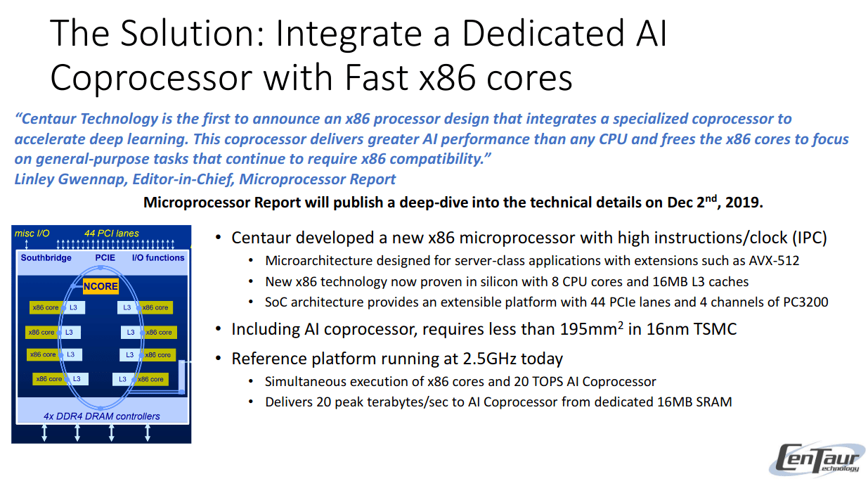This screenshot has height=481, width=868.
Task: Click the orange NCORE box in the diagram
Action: (101, 286)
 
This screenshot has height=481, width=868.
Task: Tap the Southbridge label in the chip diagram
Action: (46, 258)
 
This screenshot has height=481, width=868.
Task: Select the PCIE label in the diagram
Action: (105, 258)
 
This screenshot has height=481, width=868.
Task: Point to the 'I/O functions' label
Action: (158, 258)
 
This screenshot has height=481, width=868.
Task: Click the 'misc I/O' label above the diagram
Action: (32, 233)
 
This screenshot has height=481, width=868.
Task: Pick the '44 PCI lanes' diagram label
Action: (112, 233)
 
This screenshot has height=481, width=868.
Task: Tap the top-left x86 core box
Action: (46, 308)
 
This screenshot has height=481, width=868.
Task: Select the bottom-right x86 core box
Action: (151, 379)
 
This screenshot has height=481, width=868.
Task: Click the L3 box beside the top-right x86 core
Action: (127, 308)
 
